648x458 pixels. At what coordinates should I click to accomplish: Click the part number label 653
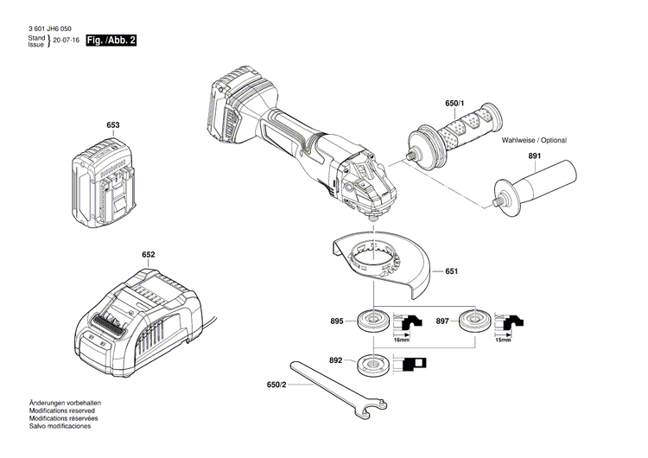[x=112, y=126]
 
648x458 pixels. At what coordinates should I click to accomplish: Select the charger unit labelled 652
[x=138, y=315]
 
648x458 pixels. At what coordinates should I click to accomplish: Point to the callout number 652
[x=149, y=256]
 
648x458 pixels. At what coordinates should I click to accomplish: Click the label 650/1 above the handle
[x=454, y=104]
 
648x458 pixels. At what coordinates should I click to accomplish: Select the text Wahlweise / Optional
[x=540, y=139]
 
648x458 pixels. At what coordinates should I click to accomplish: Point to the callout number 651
[x=451, y=271]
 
